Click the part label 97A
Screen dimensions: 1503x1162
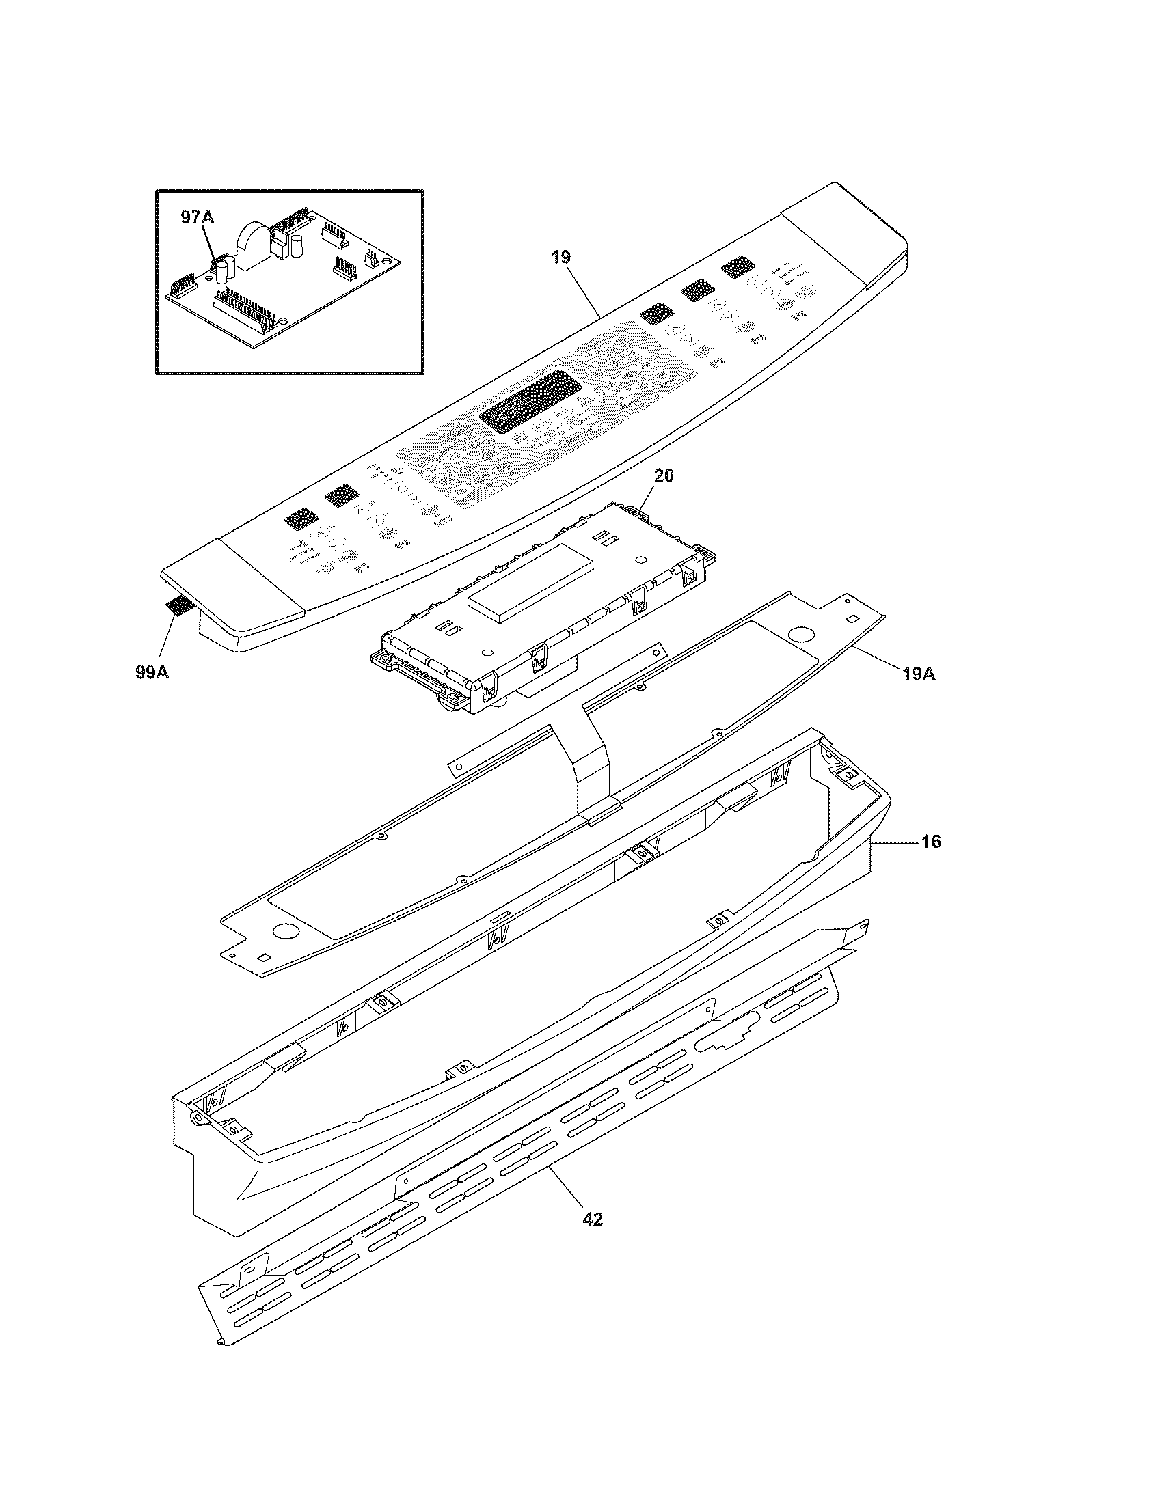point(198,217)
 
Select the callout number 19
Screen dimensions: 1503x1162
point(560,258)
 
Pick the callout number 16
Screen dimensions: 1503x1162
point(931,841)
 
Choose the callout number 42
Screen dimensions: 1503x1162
point(592,1219)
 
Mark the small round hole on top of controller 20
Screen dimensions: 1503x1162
point(641,560)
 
